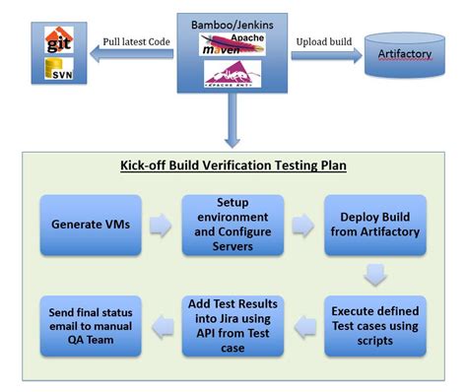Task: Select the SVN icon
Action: (57, 71)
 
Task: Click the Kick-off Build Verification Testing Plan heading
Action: (233, 164)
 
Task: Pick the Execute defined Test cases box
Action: (375, 325)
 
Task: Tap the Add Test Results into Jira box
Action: (233, 325)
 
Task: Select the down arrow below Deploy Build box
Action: (373, 273)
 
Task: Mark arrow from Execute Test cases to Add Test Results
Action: (305, 326)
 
